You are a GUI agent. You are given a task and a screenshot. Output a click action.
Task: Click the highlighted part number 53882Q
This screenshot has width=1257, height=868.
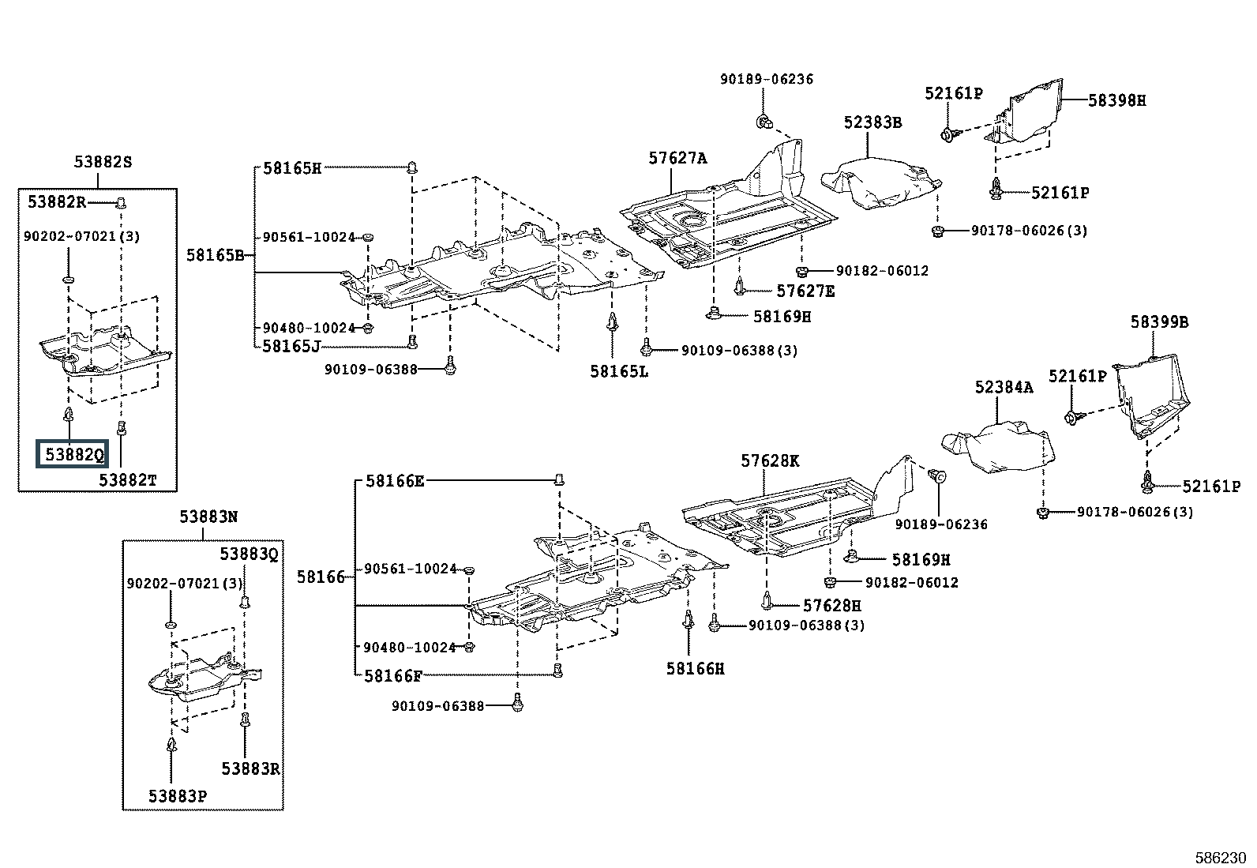[72, 453]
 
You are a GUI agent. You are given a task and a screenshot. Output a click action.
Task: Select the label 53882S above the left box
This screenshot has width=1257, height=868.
[103, 162]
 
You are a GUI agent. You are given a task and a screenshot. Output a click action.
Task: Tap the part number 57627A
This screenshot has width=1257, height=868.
[678, 158]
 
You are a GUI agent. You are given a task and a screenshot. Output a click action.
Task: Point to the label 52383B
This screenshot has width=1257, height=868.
[873, 122]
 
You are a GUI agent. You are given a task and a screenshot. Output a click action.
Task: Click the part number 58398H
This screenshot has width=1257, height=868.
[1117, 100]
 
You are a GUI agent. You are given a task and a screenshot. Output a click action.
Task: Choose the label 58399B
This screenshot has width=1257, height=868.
[1159, 321]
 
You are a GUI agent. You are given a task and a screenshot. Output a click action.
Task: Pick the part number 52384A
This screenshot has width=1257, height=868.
[1004, 387]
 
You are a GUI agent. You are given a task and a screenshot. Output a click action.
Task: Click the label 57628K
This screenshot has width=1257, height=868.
[770, 461]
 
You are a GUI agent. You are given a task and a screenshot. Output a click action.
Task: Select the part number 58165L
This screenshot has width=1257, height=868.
[619, 371]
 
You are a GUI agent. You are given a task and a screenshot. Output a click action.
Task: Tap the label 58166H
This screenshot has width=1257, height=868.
[696, 669]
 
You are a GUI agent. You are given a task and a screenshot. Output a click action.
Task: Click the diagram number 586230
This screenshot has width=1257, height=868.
[1220, 858]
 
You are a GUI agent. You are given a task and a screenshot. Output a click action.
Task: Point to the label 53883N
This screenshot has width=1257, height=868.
[208, 517]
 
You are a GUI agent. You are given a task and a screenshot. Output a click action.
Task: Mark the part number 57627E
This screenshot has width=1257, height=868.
[805, 291]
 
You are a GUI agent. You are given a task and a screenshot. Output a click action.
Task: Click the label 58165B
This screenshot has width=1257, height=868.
[216, 255]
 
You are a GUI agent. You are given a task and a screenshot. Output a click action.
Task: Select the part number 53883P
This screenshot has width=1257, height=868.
[178, 796]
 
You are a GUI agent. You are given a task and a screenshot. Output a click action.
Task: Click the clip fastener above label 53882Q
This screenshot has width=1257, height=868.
[69, 415]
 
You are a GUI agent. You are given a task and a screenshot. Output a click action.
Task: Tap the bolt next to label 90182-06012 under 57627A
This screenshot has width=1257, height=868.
[802, 272]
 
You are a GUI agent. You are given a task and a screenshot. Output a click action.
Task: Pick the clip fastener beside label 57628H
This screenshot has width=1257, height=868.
[767, 601]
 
